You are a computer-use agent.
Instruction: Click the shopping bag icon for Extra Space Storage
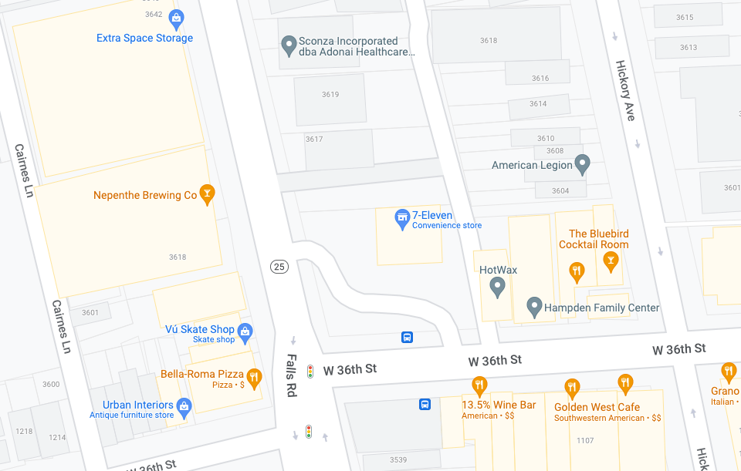[176, 17]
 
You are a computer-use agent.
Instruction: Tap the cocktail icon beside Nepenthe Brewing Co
[206, 194]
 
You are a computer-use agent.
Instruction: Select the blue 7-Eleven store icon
[401, 220]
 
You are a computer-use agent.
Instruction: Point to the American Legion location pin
[583, 164]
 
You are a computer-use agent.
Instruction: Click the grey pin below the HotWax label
[498, 288]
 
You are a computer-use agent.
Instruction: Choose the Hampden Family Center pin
[533, 307]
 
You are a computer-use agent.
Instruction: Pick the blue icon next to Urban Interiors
[184, 405]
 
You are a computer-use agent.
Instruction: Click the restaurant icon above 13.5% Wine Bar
[479, 385]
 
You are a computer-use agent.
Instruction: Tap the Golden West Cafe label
[597, 407]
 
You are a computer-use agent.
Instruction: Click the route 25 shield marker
[279, 267]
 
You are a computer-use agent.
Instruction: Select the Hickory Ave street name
[624, 91]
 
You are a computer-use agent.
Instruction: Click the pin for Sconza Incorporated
[289, 46]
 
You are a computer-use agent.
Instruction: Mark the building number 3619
[330, 95]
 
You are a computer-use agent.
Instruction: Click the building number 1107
[585, 441]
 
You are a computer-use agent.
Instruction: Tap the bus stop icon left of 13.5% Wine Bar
[425, 405]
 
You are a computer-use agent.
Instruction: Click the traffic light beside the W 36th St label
[310, 372]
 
